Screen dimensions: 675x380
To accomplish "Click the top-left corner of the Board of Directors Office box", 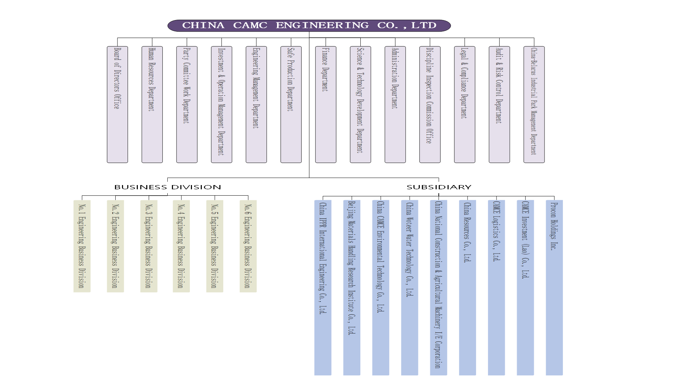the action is click(x=107, y=46).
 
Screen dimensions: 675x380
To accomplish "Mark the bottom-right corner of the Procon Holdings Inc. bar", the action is click(x=562, y=375).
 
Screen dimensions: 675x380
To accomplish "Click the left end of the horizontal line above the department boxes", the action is click(x=117, y=38).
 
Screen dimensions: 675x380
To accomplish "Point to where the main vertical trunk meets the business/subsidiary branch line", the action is click(x=309, y=178).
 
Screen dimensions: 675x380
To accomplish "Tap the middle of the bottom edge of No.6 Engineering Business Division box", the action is click(x=248, y=292).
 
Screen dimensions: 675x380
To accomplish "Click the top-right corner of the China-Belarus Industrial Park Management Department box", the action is click(x=545, y=46).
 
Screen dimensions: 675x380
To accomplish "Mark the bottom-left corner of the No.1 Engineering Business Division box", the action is click(x=73, y=292).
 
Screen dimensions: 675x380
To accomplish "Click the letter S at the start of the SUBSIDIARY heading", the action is click(x=409, y=187).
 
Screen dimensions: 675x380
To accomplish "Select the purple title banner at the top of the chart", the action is click(x=309, y=26).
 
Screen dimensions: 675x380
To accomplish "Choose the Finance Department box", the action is click(x=326, y=104).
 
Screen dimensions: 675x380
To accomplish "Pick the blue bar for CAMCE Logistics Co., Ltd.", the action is click(x=496, y=287).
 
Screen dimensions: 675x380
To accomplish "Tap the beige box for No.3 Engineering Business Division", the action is click(x=149, y=246).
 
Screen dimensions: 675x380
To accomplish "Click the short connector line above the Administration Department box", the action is click(x=395, y=42).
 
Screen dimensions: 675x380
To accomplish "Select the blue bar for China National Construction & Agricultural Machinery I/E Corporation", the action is click(x=438, y=287).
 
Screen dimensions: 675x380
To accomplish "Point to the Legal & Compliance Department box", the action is click(x=464, y=104).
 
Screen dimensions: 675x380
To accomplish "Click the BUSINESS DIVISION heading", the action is click(x=168, y=187).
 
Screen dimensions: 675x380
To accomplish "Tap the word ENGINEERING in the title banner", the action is click(x=322, y=25).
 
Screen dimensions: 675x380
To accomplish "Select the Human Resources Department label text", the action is click(x=152, y=80).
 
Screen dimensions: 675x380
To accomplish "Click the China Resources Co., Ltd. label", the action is click(x=467, y=232).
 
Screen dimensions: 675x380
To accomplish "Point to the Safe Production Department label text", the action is click(x=290, y=80).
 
